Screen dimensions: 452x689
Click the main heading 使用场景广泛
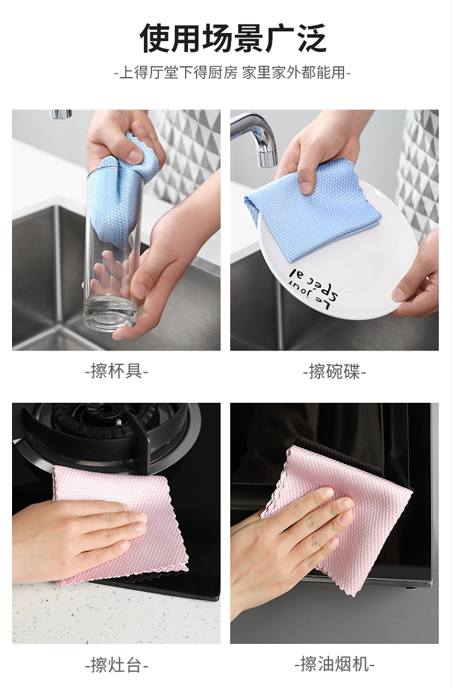[x=233, y=38]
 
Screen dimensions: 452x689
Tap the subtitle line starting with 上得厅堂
[x=232, y=72]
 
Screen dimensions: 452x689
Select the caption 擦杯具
[x=116, y=372]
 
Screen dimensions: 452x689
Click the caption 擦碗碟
[x=334, y=372]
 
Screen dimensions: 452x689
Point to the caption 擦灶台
[x=116, y=664]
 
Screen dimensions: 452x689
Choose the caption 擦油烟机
[x=334, y=664]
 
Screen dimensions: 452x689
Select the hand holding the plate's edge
[x=418, y=281]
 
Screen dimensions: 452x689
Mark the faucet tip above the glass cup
[x=61, y=114]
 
